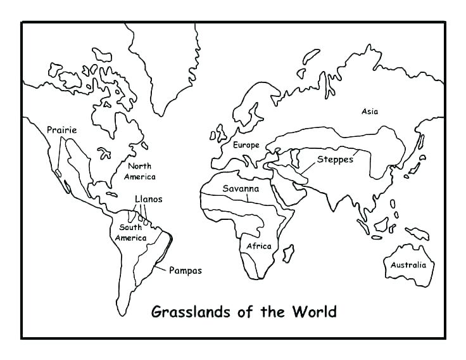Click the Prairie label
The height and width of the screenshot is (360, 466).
(61, 131)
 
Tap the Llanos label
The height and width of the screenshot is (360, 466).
(148, 199)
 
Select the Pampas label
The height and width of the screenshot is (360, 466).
(185, 271)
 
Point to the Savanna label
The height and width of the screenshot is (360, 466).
(240, 189)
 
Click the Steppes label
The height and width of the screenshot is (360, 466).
(335, 160)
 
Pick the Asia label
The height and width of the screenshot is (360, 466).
(370, 112)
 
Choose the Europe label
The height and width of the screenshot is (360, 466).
(246, 145)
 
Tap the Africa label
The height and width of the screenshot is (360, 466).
(258, 246)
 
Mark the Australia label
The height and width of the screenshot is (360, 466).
(408, 265)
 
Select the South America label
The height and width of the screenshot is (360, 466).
(130, 233)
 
